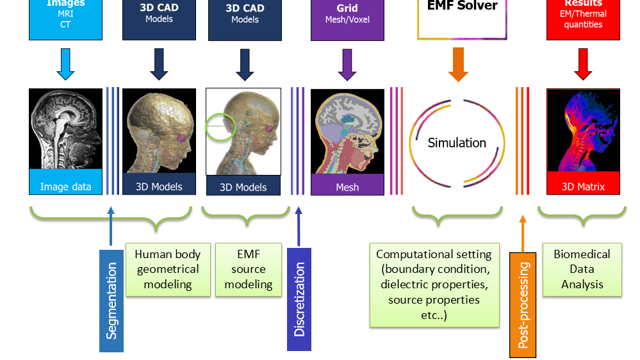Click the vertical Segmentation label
[111, 300]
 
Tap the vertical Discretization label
[299, 299]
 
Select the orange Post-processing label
[523, 304]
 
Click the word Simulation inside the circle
[457, 143]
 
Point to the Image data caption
[65, 187]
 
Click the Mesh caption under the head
[347, 188]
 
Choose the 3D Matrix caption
[583, 187]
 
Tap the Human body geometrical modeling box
[168, 269]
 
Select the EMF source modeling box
[249, 269]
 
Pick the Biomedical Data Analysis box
[582, 269]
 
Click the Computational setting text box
[434, 284]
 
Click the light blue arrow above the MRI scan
[65, 64]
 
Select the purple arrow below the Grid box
[347, 65]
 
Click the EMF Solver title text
[462, 6]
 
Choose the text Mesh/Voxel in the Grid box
[347, 20]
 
